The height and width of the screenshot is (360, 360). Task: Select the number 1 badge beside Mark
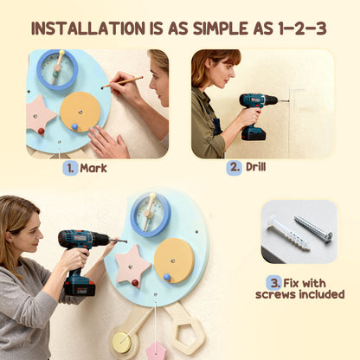pyautogui.click(x=70, y=168)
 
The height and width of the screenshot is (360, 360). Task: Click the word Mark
pyautogui.click(x=93, y=168)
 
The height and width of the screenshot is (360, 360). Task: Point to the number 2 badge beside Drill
pyautogui.click(x=234, y=168)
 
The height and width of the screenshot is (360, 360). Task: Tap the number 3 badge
pyautogui.click(x=273, y=282)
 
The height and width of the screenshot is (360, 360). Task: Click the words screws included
pyautogui.click(x=299, y=294)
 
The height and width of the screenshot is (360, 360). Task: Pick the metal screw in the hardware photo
pyautogui.click(x=312, y=228)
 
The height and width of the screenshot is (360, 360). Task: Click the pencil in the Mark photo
pyautogui.click(x=122, y=83)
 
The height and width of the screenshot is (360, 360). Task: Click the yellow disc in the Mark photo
pyautogui.click(x=80, y=111)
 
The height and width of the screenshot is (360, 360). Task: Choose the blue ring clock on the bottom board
pyautogui.click(x=151, y=213)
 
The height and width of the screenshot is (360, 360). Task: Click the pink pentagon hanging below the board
pyautogui.click(x=156, y=350)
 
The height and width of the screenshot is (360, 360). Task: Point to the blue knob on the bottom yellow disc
pyautogui.click(x=167, y=277)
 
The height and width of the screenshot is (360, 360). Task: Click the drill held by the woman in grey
pyautogui.click(x=82, y=252)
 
